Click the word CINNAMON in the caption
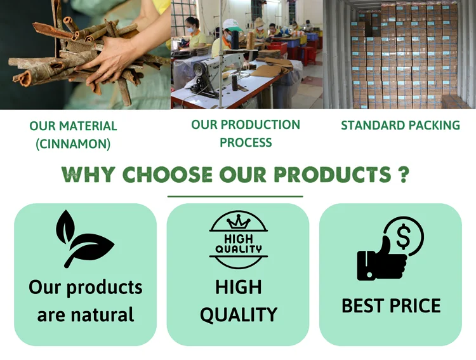point(73,143)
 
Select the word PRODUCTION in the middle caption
point(260,124)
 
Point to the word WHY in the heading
point(88,175)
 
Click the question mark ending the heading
point(404,175)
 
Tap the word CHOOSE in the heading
point(168,175)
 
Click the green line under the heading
point(235,197)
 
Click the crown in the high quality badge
point(239,222)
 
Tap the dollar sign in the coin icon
point(404,237)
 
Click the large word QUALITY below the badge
point(239,315)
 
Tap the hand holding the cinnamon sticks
point(109,58)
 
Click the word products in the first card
point(105,288)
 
